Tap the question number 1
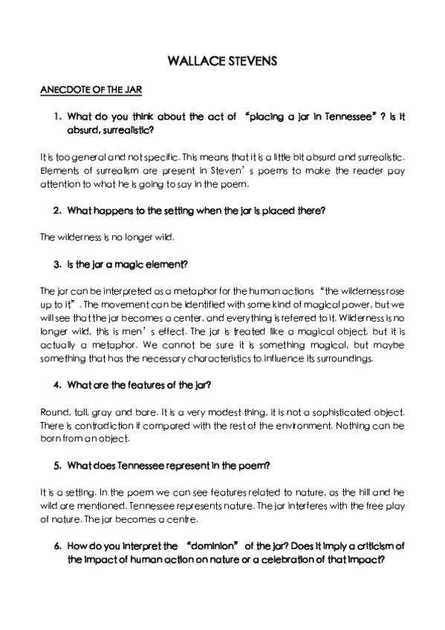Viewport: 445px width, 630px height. click(x=56, y=117)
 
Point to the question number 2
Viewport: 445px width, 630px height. click(x=56, y=210)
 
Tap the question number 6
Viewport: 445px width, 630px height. click(x=56, y=546)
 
